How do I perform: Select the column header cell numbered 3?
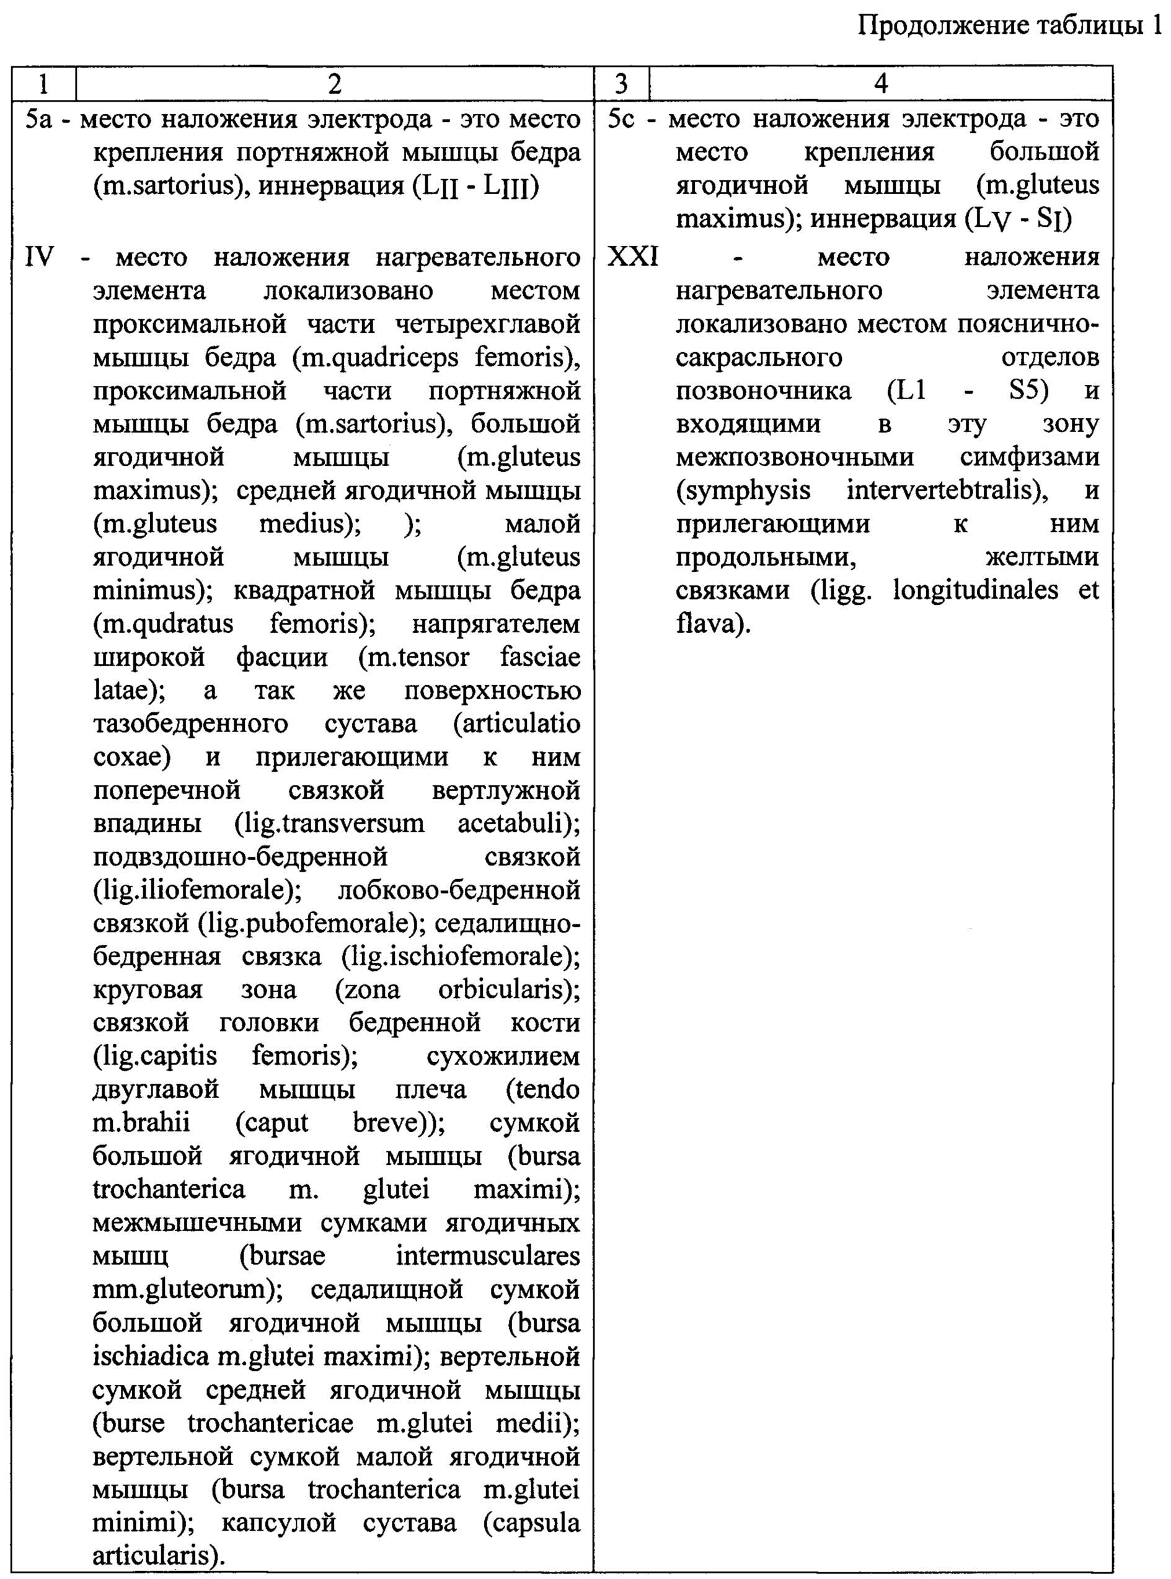pos(621,84)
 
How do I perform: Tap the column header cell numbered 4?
pos(880,84)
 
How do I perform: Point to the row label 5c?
pos(622,119)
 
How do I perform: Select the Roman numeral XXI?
pos(632,257)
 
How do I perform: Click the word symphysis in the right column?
pos(743,490)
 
